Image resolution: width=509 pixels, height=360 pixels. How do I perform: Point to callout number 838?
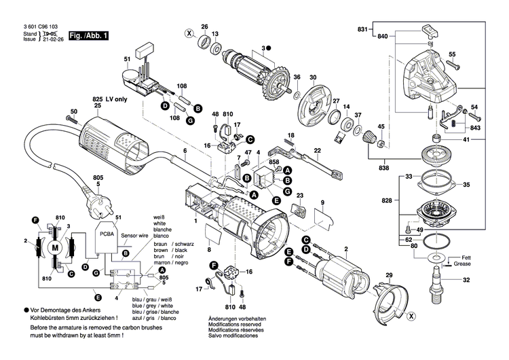(x=385, y=166)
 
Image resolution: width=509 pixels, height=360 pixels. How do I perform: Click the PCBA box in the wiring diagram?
(x=106, y=234)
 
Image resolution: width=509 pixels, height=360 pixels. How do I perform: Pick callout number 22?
(x=316, y=150)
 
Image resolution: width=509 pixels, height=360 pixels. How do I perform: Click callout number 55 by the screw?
(x=452, y=54)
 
